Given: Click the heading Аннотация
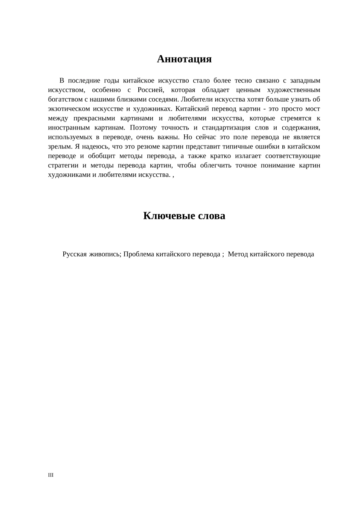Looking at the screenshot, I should (x=184, y=59).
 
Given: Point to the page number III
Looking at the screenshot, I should (x=51, y=475).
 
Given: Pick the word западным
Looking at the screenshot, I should (x=305, y=81).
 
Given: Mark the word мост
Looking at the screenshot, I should (x=313, y=109).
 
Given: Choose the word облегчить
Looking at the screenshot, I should (x=216, y=166).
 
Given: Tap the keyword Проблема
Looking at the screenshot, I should (x=139, y=254).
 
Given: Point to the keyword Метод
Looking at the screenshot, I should (x=238, y=254).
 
